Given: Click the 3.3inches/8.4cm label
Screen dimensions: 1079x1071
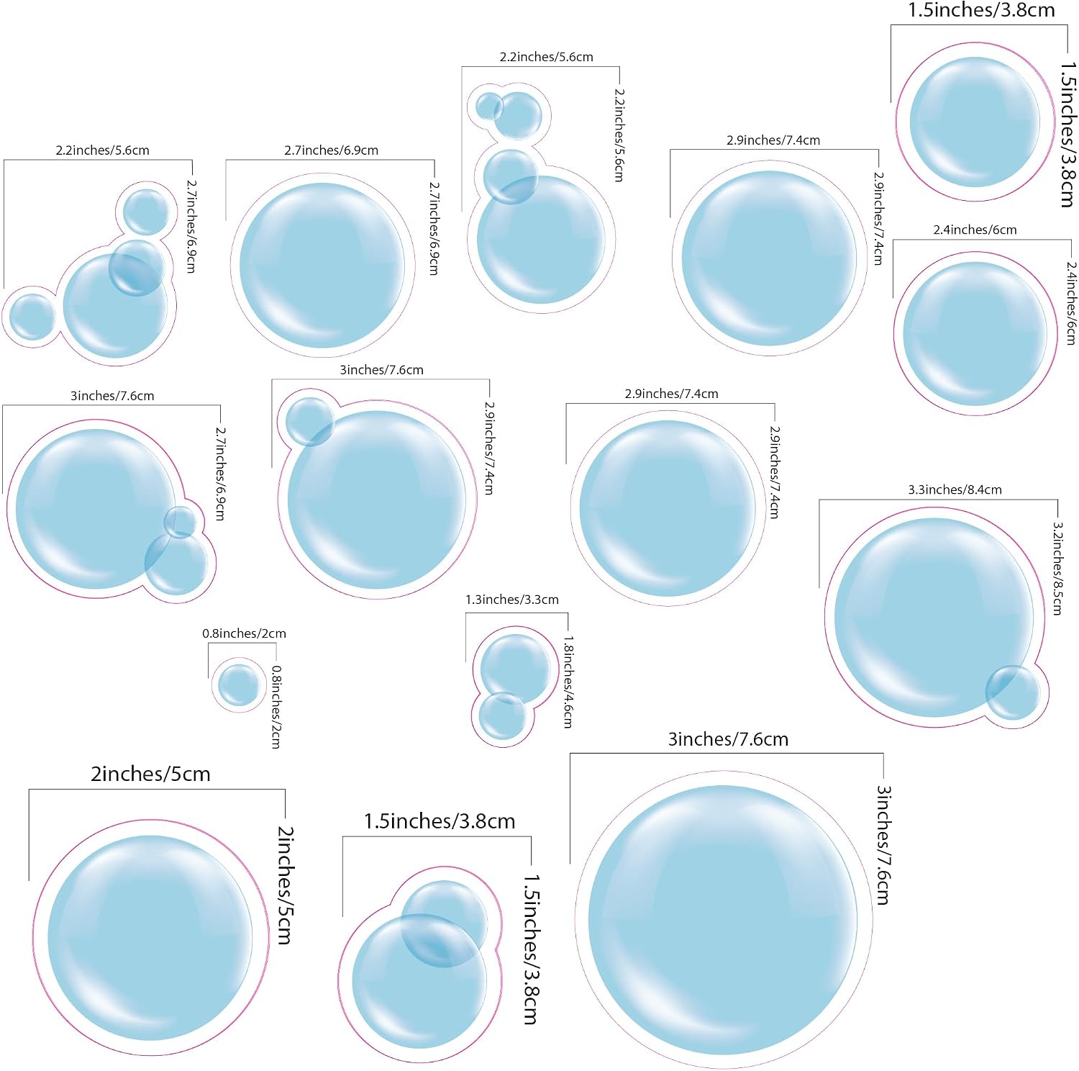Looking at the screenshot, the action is click(955, 489).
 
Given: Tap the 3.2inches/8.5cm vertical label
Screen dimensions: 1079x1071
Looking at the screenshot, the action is click(1057, 569).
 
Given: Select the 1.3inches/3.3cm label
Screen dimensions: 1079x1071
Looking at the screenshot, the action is click(511, 600).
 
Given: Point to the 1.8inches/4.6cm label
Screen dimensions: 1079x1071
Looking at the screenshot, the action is click(568, 682).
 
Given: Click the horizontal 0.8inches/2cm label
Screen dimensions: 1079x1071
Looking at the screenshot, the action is click(244, 633).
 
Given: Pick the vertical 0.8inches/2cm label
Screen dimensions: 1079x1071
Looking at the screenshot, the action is click(276, 707).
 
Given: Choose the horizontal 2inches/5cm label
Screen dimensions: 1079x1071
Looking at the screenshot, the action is click(150, 774).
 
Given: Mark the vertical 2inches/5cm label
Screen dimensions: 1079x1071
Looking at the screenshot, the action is click(286, 885).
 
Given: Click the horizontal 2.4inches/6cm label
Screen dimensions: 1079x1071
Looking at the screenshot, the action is click(975, 230).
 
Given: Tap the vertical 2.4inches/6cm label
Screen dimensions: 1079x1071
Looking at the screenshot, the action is click(1071, 303).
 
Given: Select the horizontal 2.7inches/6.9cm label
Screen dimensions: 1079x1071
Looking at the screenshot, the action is click(331, 150).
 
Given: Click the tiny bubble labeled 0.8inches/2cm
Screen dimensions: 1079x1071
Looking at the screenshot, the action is click(238, 684).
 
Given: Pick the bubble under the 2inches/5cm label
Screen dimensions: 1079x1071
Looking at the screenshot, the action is click(150, 938).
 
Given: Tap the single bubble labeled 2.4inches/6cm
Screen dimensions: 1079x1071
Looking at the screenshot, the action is click(975, 334).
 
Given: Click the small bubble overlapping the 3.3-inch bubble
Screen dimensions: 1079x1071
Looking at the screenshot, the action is click(1012, 692).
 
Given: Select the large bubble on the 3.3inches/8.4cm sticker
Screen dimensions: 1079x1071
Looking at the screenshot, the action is click(934, 618).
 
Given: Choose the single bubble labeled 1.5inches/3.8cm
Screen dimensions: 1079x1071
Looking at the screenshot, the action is click(975, 122).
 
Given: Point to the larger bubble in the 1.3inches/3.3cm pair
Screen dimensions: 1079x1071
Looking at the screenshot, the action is click(515, 669).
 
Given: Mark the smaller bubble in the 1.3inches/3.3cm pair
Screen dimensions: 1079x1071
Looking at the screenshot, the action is click(502, 715).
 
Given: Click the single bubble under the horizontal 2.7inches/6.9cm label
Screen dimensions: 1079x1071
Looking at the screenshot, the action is click(322, 266).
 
